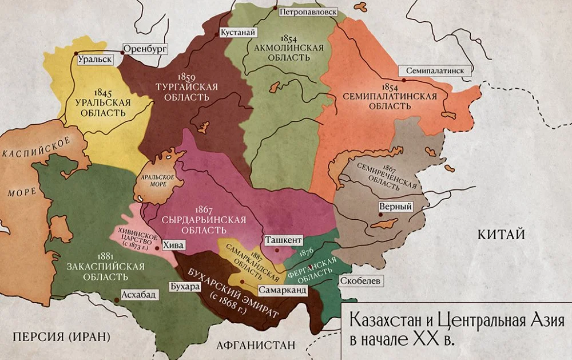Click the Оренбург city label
(144, 49)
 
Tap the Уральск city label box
(94, 59)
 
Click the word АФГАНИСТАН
(255, 345)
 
